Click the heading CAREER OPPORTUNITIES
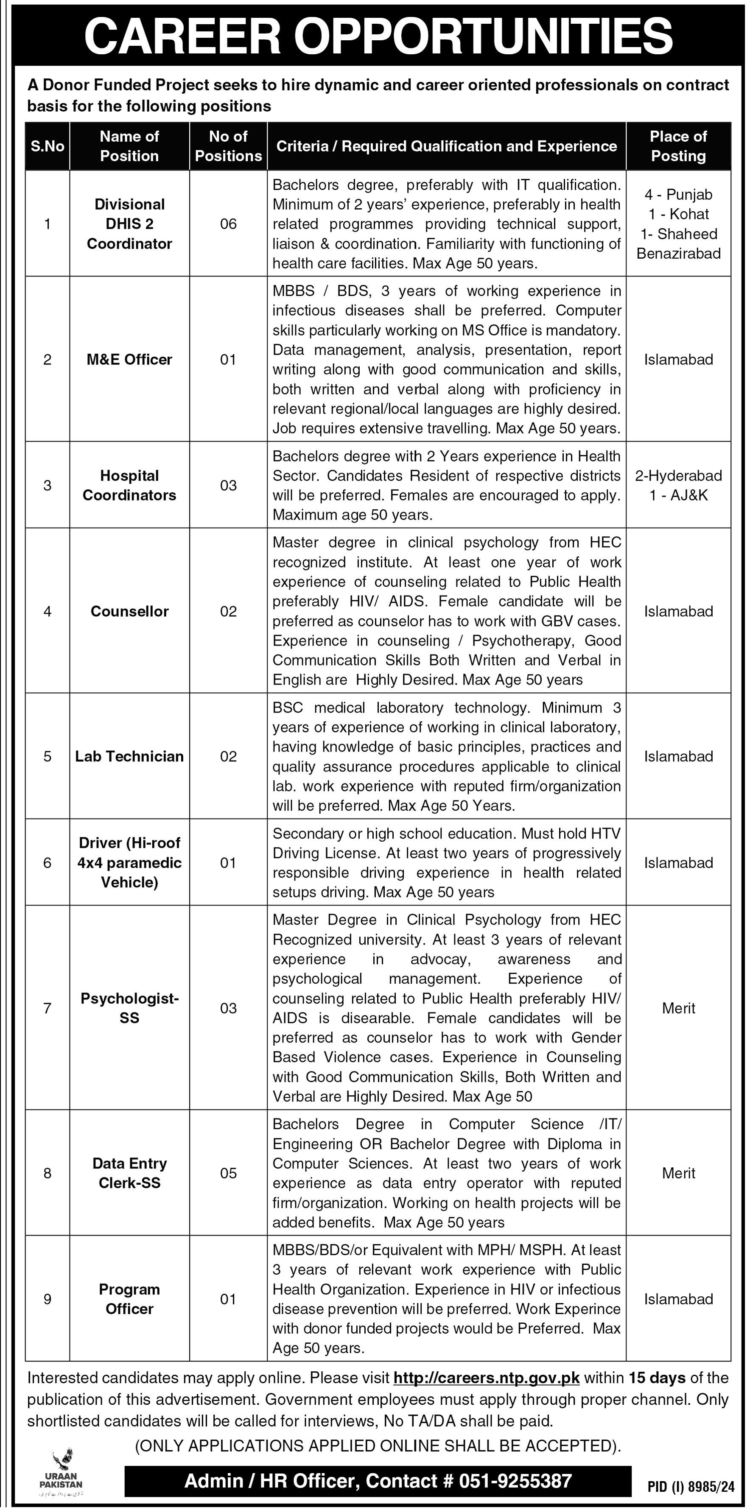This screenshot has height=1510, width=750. click(378, 35)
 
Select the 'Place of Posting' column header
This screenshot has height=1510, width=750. click(678, 146)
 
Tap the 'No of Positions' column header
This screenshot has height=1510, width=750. click(228, 146)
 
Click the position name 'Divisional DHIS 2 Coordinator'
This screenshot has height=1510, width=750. click(129, 224)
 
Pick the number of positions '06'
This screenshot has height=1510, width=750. click(228, 224)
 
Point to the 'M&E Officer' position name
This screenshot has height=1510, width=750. click(129, 359)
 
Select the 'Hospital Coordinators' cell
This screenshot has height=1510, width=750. click(129, 485)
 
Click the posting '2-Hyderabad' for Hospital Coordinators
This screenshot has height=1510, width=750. click(678, 475)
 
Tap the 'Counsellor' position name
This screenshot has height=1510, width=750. click(129, 611)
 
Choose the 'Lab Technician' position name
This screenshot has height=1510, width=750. click(129, 756)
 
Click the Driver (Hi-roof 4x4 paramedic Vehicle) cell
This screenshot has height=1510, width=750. click(129, 862)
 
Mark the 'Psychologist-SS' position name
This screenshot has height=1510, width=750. click(129, 1008)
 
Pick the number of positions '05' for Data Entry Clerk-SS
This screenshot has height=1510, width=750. click(228, 1173)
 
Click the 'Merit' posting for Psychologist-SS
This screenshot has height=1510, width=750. click(678, 1008)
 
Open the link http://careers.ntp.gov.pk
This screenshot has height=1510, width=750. click(486, 1378)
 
